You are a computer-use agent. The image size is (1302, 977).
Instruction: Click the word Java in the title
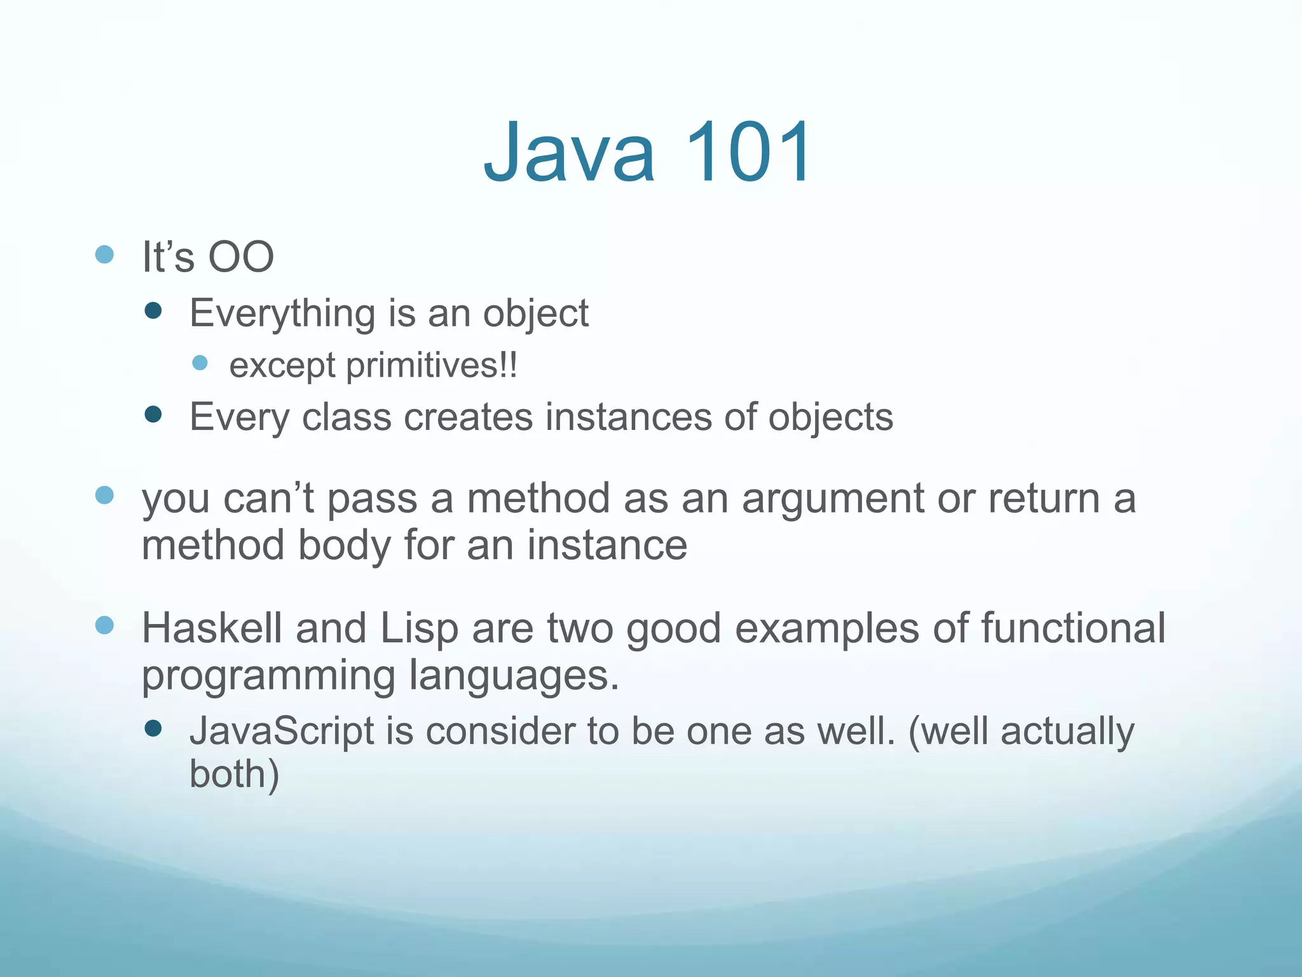(569, 153)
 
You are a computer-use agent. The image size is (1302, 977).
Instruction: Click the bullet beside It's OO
(104, 255)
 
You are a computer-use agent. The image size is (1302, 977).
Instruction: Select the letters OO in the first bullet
(242, 258)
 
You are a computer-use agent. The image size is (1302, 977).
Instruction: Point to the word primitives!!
(432, 366)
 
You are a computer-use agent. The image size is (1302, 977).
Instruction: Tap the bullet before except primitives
(200, 363)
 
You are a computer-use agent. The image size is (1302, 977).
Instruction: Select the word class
(346, 418)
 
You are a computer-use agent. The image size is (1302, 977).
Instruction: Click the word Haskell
(212, 628)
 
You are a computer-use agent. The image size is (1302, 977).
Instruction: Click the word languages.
(513, 677)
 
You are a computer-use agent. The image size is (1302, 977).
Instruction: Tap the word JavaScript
(282, 731)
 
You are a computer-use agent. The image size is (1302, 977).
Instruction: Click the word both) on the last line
(234, 775)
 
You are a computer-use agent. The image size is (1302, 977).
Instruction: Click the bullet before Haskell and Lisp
(104, 625)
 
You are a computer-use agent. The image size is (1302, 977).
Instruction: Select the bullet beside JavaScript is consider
(153, 728)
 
